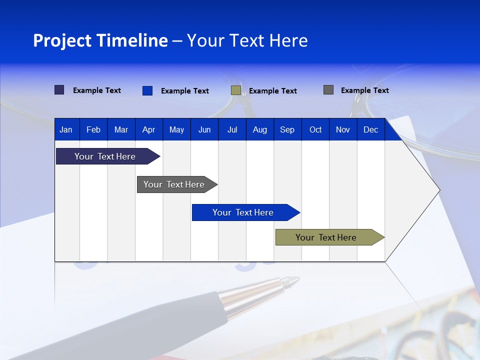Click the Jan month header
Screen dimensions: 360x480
[66, 130]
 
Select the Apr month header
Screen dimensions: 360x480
[149, 130]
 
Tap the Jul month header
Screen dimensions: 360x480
[232, 130]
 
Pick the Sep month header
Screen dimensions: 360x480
[287, 130]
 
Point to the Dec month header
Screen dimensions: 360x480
[370, 130]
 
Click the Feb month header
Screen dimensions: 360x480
[93, 130]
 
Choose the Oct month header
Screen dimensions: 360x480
[315, 130]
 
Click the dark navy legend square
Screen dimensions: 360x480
[59, 90]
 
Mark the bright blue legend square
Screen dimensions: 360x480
[147, 90]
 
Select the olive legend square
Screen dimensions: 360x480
[236, 90]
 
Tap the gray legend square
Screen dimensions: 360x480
[328, 90]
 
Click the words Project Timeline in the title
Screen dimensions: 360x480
[100, 40]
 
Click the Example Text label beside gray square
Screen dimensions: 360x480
[364, 90]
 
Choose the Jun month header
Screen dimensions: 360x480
[204, 130]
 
